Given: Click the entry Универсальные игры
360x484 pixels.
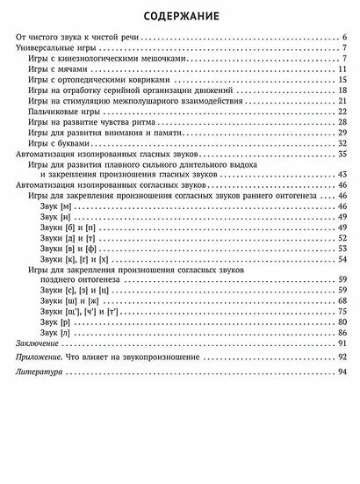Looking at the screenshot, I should coord(53,48).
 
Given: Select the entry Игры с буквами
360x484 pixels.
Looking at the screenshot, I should coord(60,142).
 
